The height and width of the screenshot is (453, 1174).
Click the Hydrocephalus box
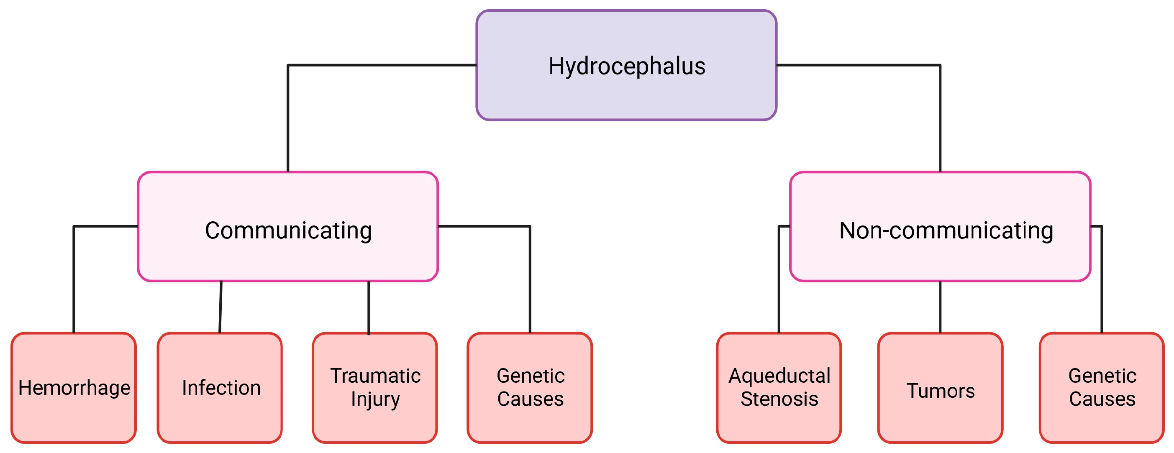coord(626,65)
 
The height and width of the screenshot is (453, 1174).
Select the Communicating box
coord(287,227)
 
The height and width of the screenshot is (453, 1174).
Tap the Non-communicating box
coord(940,227)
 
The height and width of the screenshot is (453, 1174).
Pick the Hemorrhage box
coord(73,387)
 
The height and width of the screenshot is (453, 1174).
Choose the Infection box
coord(220,387)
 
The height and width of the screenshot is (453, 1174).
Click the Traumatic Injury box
coord(374,387)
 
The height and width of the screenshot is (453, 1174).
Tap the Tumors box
coord(940,387)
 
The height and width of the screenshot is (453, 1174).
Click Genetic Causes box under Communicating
coord(530,387)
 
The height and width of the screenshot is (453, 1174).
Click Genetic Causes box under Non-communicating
coord(1102,387)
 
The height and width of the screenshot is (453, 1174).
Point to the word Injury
coord(375,399)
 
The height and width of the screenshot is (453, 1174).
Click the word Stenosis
coord(779,399)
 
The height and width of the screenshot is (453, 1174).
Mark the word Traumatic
coord(375,376)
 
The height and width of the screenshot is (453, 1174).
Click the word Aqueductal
coord(779,376)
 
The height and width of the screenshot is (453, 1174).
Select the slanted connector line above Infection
coord(220,307)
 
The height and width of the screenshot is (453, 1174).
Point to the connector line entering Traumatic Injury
coord(368,307)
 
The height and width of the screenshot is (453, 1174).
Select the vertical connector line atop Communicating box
coord(288,118)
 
